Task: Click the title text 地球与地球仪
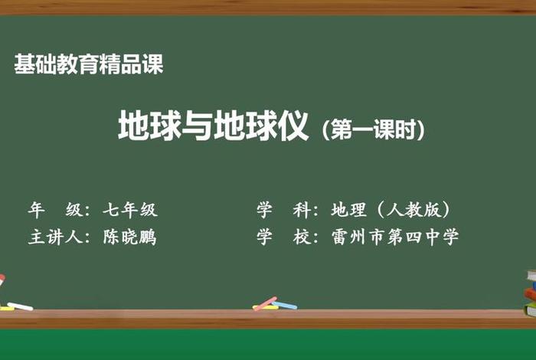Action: [x=213, y=126]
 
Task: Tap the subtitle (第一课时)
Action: [x=373, y=129]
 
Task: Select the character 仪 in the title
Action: [x=293, y=126]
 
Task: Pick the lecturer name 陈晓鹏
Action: [x=130, y=237]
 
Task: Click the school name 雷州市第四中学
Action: [x=394, y=237]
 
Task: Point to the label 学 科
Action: [x=283, y=209]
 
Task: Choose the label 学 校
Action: [x=283, y=237]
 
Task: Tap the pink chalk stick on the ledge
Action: [x=265, y=303]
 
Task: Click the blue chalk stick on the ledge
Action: [x=286, y=305]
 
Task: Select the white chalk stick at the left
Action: [x=19, y=306]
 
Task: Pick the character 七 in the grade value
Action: [x=112, y=209]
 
